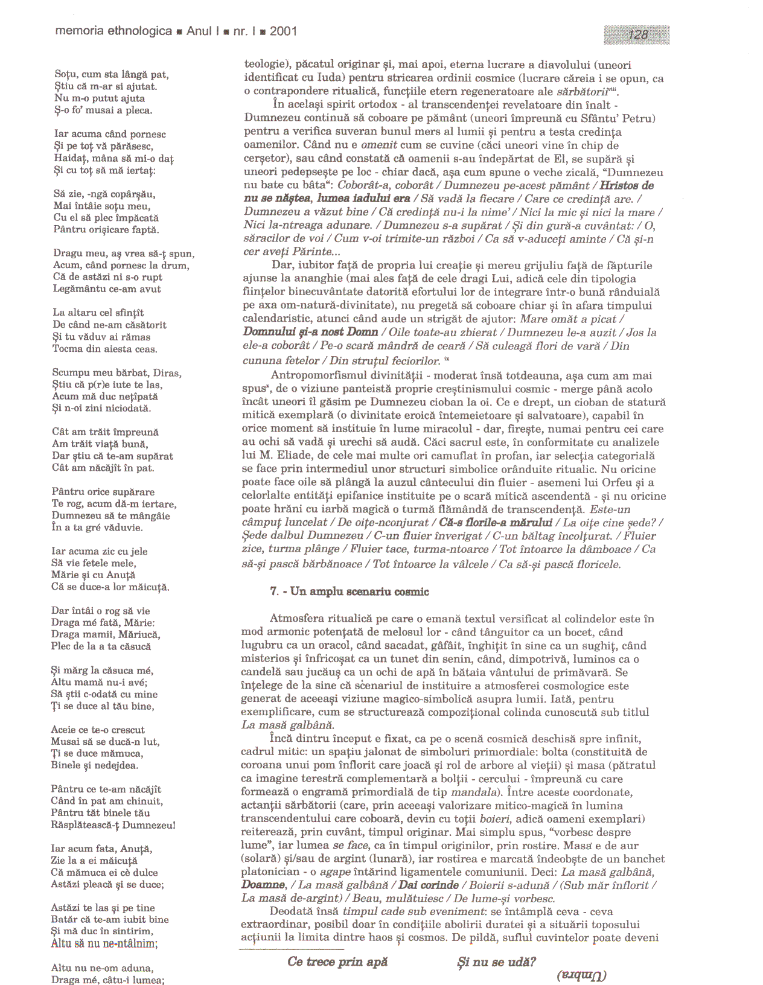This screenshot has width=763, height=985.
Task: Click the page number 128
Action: [637, 34]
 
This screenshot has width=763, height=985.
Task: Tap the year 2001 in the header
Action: [283, 31]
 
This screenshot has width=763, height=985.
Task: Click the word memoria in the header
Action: [79, 31]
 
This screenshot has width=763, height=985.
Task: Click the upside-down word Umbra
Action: [581, 974]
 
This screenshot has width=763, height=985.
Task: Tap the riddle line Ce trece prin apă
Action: [337, 962]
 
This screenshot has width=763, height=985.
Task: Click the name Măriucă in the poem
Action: [139, 635]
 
